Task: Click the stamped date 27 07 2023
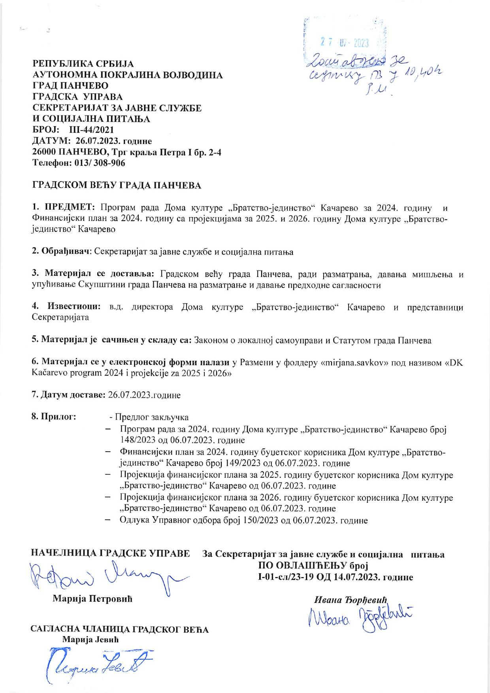tap(344, 43)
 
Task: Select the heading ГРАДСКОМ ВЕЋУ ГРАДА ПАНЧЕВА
tap(117, 185)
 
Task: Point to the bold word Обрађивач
tap(65, 252)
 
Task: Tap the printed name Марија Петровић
tap(92, 599)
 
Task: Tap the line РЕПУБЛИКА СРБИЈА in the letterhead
tap(83, 64)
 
